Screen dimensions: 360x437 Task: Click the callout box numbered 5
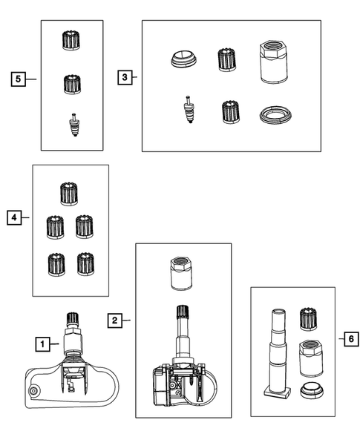(x=18, y=79)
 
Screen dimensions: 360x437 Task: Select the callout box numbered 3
(x=125, y=77)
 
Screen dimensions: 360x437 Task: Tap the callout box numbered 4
(x=14, y=217)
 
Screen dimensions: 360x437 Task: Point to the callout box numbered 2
(x=115, y=321)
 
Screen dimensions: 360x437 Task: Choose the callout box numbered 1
(x=42, y=344)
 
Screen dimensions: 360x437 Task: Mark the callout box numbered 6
(x=351, y=339)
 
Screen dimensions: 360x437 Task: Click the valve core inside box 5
(x=73, y=125)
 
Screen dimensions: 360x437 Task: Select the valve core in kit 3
(x=189, y=109)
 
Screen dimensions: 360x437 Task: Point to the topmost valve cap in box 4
(x=69, y=194)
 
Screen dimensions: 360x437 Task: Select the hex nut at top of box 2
(x=181, y=274)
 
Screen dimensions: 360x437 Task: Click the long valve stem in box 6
(x=278, y=352)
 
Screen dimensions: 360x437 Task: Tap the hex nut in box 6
(x=311, y=358)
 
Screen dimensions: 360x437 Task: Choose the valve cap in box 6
(x=308, y=319)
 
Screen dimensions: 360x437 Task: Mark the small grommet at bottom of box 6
(x=312, y=390)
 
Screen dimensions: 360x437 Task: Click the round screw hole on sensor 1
(x=33, y=391)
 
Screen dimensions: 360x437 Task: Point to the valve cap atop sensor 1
(x=72, y=318)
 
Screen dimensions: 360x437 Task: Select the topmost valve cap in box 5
(x=71, y=40)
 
